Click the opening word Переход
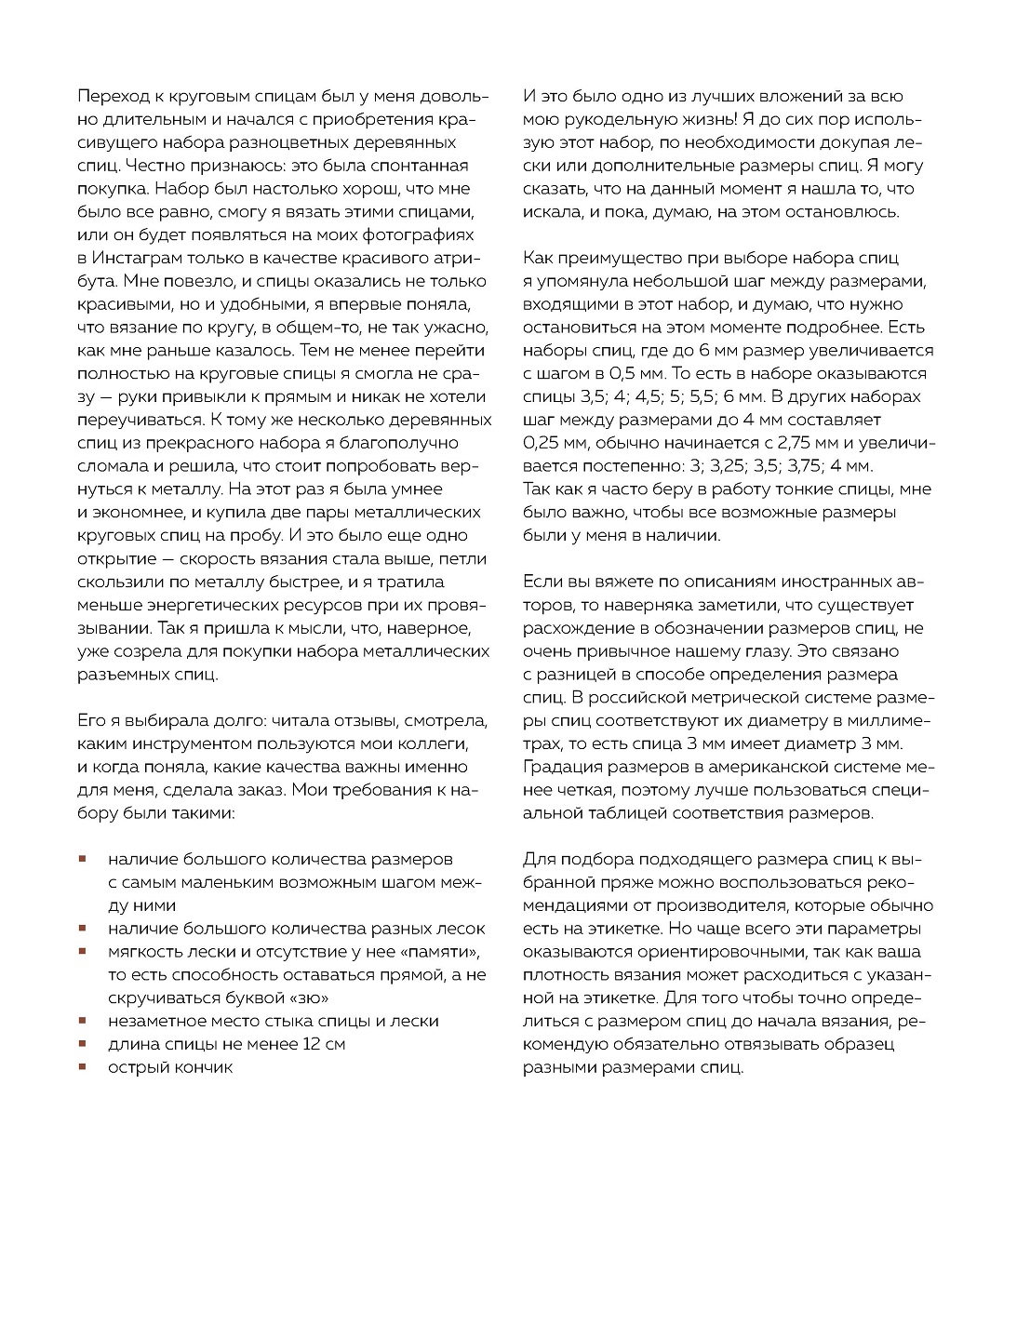(x=111, y=96)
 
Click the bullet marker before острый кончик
(x=83, y=1066)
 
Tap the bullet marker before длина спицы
(x=83, y=1043)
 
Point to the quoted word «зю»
(x=302, y=998)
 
